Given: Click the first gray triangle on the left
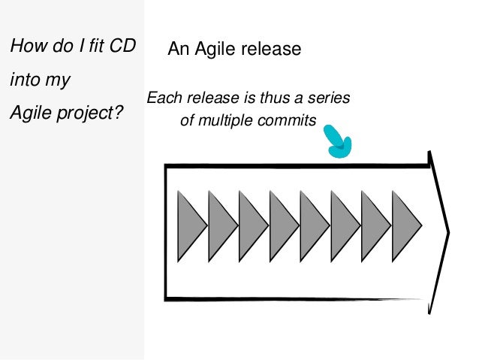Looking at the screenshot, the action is (189, 225).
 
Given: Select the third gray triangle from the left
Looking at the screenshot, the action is (251, 225).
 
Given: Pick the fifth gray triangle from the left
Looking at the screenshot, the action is (312, 225).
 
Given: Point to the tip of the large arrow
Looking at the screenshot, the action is (448, 231).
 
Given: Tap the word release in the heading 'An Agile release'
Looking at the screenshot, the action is (273, 50).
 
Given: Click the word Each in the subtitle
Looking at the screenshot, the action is (161, 98).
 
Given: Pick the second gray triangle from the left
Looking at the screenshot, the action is (220, 225).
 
